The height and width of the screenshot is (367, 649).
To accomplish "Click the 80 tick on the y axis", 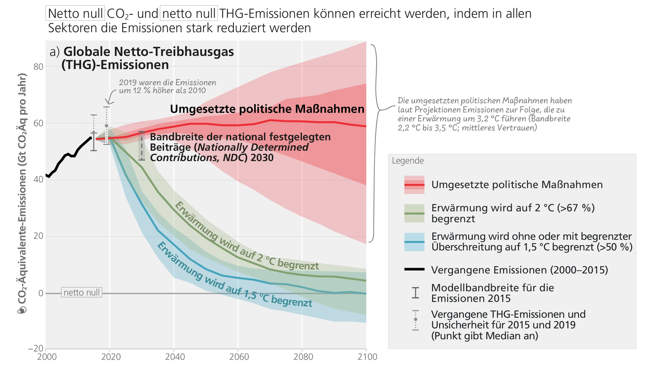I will point(38,66).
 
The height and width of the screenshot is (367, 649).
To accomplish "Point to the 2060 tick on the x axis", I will point(237,357).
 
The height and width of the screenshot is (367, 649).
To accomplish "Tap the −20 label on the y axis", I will point(36,349).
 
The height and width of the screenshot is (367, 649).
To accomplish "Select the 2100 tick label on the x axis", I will point(367,357).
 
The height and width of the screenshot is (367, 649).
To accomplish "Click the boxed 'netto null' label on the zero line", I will point(81,293).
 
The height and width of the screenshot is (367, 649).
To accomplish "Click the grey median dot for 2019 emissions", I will point(107,126).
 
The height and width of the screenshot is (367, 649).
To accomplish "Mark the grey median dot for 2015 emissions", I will point(94,133).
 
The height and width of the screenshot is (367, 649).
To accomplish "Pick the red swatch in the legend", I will point(414,185).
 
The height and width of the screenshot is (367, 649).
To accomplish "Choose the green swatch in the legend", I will point(414,213).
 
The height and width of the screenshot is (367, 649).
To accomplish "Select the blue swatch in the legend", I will point(414,242).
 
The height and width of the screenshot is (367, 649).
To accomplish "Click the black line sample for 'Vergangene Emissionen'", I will point(414,270).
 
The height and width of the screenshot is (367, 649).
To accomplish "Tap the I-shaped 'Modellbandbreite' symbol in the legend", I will point(415,293).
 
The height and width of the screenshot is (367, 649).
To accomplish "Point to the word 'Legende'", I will point(408,161).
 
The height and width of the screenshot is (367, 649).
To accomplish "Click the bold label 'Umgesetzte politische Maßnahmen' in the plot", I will point(267,109).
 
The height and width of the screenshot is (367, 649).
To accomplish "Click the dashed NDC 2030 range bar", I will point(141,146).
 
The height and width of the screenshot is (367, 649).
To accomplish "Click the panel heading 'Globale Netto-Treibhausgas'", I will point(149,52).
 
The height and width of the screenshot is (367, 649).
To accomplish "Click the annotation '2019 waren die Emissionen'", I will point(167,83).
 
